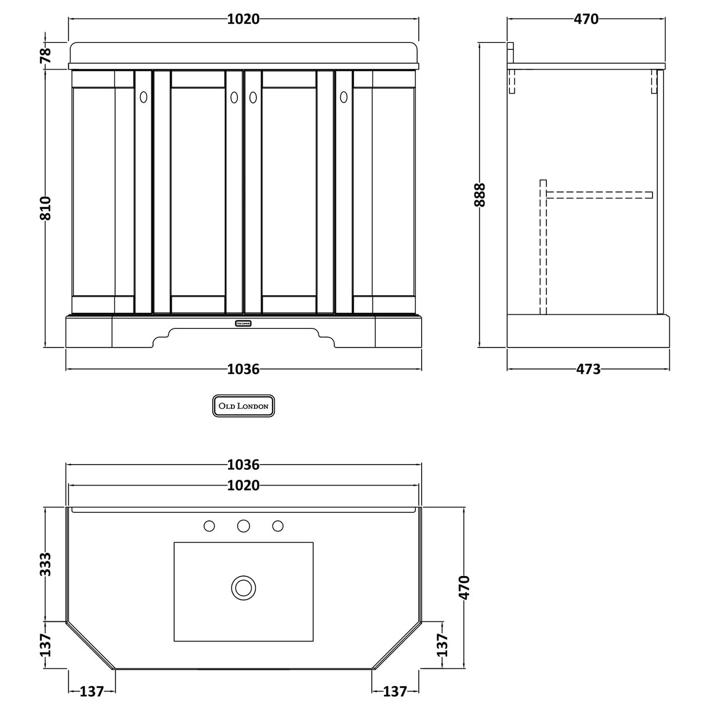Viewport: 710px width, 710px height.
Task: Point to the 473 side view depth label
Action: pos(588,369)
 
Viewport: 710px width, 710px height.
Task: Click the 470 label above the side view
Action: pos(586,19)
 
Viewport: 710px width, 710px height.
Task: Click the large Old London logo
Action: pos(242,406)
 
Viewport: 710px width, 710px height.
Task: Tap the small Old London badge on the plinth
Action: pos(242,323)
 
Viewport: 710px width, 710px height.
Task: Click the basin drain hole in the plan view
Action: pos(243,587)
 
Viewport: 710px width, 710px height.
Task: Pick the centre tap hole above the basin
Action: pos(244,526)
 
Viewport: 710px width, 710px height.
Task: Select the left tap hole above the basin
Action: pos(209,526)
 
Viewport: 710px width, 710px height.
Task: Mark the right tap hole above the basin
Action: pos(278,526)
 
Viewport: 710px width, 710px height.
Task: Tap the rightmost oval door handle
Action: pos(343,96)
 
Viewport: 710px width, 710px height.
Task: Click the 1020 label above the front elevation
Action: pos(243,19)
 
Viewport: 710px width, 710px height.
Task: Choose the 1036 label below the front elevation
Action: pos(243,369)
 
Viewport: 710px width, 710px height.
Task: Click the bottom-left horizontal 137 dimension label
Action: pos(92,691)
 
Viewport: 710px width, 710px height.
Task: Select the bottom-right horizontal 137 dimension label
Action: pos(395,691)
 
